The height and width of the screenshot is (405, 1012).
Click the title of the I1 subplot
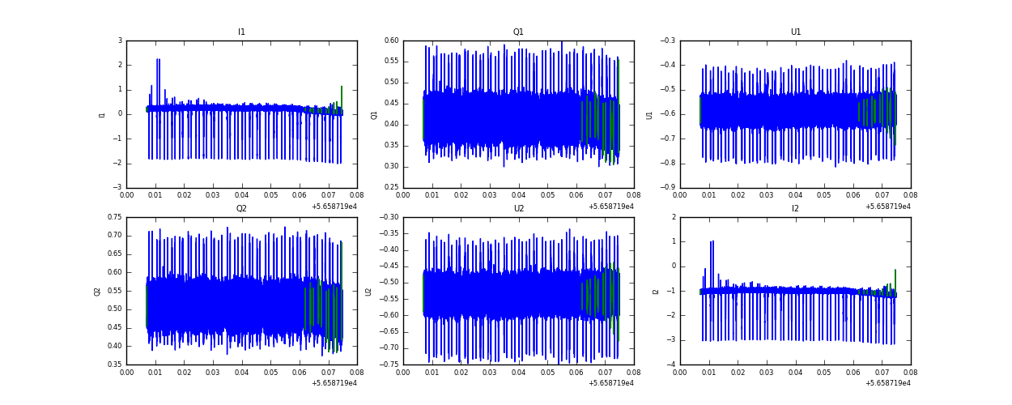pos(241,32)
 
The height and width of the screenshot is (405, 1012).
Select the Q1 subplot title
pos(518,32)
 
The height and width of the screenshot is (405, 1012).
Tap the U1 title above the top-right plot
pos(795,32)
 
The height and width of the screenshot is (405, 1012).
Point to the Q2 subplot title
pos(241,209)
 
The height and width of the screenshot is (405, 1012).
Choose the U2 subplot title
pos(518,209)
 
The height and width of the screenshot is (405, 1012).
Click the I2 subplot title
pos(795,209)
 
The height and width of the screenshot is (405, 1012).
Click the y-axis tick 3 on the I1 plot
pos(119,40)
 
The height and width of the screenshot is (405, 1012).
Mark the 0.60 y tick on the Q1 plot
pos(391,40)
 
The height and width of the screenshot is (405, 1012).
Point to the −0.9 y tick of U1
pos(666,188)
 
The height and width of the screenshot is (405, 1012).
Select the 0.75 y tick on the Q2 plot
pos(113,217)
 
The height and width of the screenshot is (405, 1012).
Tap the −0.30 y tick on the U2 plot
pos(389,217)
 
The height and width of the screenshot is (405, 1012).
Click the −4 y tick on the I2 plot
pos(670,364)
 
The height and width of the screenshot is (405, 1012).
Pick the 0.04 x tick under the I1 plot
pos(241,195)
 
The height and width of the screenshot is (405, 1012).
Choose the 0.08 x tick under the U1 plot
pos(910,195)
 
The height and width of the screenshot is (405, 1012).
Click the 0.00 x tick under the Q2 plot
pos(127,372)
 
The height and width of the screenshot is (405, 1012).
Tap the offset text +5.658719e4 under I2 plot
pos(887,383)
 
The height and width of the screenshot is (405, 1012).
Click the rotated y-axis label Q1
pos(374,114)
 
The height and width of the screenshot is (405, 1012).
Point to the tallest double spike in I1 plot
pos(158,60)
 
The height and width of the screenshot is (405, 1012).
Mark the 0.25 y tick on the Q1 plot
pos(391,188)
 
